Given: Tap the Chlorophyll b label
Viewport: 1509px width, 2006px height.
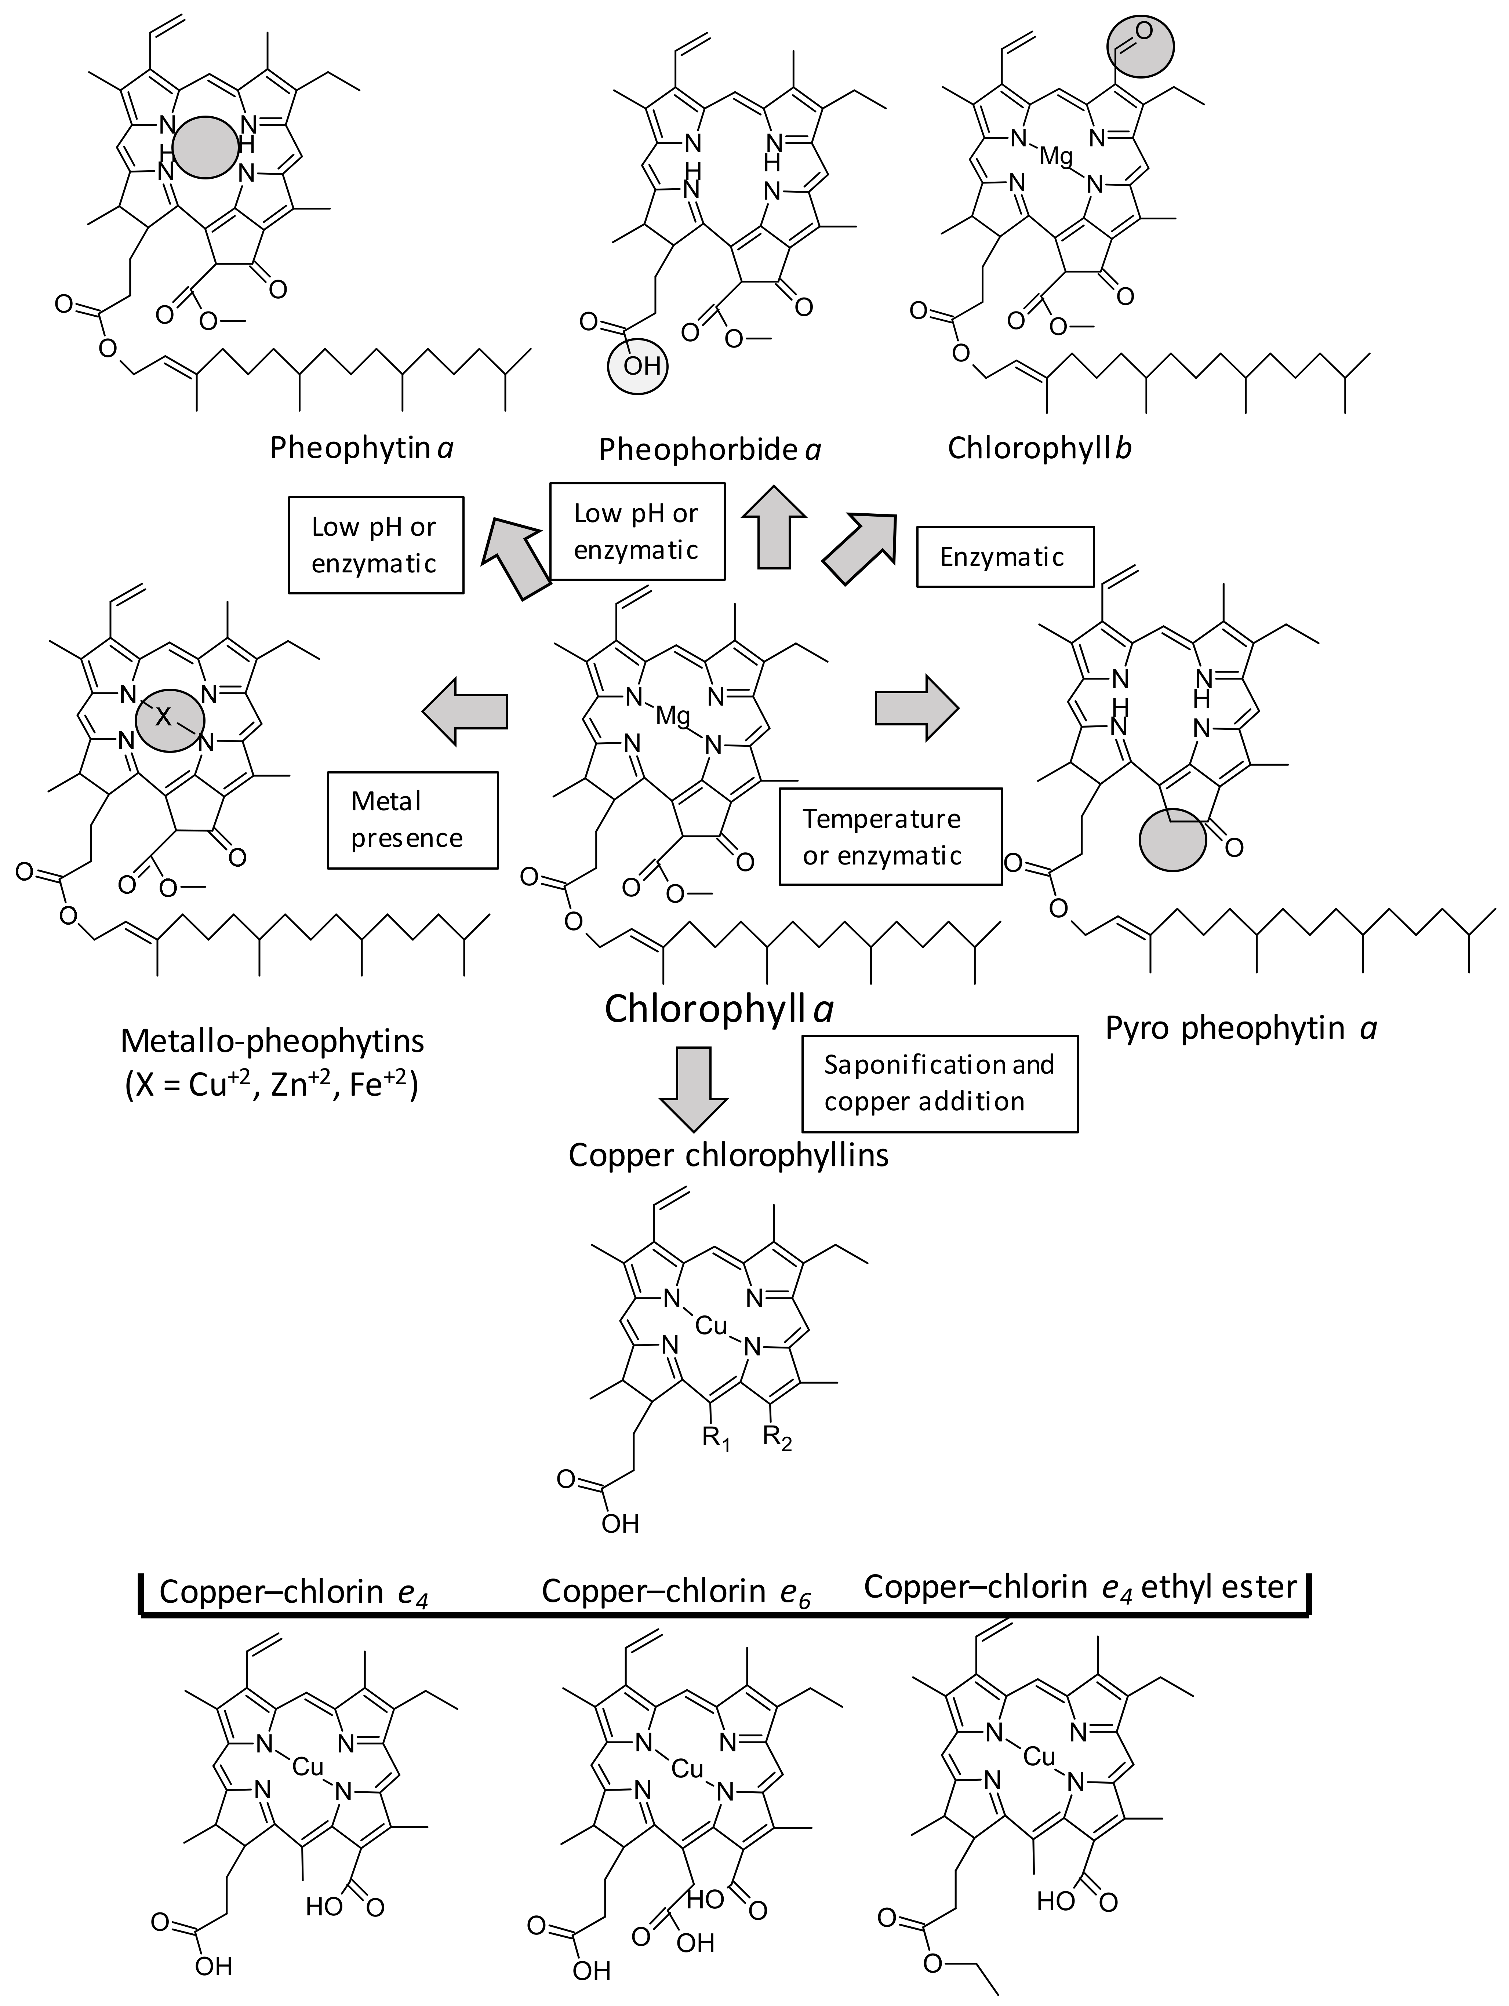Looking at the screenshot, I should pos(1039,448).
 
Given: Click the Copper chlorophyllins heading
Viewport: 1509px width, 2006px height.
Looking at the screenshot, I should pos(728,1154).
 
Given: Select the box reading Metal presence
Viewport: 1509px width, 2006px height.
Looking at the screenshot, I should pos(412,820).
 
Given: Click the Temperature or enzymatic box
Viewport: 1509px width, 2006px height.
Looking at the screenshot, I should pos(890,836).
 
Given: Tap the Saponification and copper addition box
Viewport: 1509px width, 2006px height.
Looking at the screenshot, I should pos(939,1083).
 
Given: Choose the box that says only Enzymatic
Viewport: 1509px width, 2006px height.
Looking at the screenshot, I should pos(1004,557).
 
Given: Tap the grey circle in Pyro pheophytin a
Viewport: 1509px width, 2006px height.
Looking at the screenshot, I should pos(1172,839).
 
